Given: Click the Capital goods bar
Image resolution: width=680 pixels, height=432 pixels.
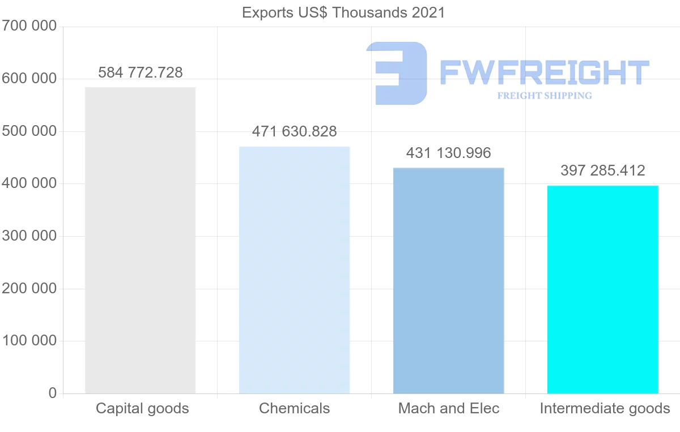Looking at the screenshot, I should click(x=140, y=241).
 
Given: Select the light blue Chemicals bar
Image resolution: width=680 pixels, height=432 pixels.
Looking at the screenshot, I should click(x=294, y=270).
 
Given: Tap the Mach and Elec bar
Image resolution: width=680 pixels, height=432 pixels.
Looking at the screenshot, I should click(x=448, y=281).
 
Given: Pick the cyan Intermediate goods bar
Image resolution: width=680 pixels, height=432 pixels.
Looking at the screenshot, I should click(x=602, y=289).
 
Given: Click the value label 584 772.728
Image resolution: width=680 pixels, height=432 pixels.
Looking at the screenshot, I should click(x=140, y=72).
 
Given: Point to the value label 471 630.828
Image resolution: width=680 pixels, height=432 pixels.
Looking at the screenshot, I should click(x=294, y=132).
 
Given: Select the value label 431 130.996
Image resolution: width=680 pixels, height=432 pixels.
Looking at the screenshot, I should click(x=448, y=153).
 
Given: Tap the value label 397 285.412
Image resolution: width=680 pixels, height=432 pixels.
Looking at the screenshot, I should click(x=602, y=170).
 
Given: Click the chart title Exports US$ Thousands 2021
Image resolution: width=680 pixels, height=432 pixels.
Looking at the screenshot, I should click(x=343, y=12).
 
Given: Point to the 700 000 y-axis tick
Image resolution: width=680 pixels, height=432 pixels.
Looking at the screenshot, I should click(x=29, y=26).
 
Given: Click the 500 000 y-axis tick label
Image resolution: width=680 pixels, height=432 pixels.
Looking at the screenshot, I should click(x=29, y=131).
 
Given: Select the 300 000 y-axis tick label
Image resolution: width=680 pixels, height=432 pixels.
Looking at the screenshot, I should click(x=29, y=236).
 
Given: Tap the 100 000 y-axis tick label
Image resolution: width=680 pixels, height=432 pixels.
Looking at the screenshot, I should click(x=29, y=341).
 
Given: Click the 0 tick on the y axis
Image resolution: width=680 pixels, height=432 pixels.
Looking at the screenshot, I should click(x=53, y=393).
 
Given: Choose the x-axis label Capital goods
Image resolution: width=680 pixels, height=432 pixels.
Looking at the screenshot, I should click(x=142, y=408).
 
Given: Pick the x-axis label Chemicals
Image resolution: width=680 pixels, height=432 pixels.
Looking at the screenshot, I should click(x=294, y=408).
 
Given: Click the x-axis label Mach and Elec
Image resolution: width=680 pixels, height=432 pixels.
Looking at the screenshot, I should click(x=448, y=408).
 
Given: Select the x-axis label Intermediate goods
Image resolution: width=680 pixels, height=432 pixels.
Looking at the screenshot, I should click(x=605, y=408).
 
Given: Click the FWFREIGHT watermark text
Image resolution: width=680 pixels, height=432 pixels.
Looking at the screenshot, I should click(x=544, y=72).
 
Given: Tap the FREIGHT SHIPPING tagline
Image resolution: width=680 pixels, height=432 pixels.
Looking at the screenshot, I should click(x=544, y=96).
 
